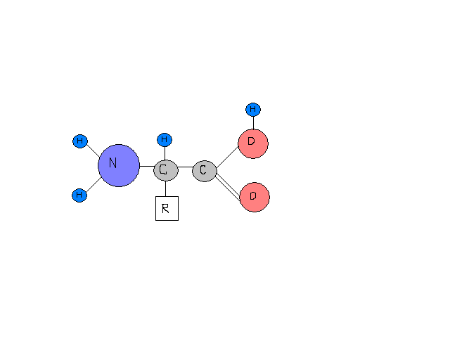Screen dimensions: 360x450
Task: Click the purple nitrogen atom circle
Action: coord(119,166)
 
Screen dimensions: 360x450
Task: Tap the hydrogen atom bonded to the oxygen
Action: coord(253,110)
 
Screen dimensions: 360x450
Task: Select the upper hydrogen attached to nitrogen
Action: coord(79,141)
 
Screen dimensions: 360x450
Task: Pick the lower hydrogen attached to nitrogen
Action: coord(79,195)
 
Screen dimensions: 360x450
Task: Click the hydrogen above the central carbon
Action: coord(165,140)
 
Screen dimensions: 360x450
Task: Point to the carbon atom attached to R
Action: coord(165,170)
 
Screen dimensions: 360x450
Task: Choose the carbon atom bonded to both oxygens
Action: coord(203,170)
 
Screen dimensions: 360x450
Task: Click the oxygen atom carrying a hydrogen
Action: coord(252,143)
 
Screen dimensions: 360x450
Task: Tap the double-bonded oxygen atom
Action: coord(254,196)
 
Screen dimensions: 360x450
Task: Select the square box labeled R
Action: coord(167,209)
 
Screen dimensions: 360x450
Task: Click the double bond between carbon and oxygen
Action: coord(229,185)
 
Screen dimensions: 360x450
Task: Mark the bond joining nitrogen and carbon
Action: coord(146,167)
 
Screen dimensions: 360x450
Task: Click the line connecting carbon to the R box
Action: coord(166,188)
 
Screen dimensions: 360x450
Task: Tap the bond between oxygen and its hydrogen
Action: coord(253,122)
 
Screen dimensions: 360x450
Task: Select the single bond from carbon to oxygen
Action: coord(228,157)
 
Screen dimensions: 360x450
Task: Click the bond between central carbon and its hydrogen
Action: coord(165,153)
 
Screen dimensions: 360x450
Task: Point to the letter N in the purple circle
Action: coord(112,164)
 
